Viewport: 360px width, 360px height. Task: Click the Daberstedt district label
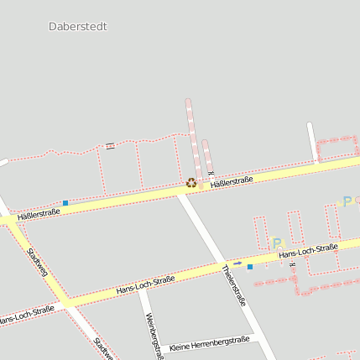(x=78, y=26)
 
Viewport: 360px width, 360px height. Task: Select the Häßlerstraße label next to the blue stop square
(x=38, y=213)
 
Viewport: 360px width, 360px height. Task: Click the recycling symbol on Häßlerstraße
(x=191, y=182)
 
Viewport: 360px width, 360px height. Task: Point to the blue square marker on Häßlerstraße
(x=65, y=202)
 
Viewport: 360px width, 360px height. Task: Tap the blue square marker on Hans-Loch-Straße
(x=249, y=266)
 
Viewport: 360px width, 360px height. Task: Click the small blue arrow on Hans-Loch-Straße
(x=237, y=263)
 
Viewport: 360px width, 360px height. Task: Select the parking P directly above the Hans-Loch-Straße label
(x=278, y=243)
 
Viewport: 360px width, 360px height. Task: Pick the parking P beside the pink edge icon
(x=347, y=201)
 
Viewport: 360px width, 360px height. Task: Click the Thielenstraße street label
(x=234, y=284)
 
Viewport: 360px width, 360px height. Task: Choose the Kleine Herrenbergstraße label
(x=209, y=343)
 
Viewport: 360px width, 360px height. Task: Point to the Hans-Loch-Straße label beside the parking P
(x=307, y=250)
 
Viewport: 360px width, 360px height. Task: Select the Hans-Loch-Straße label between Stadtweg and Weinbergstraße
(x=146, y=284)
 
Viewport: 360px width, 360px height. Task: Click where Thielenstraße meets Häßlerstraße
(x=180, y=193)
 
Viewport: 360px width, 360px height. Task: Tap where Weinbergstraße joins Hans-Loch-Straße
(x=139, y=286)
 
